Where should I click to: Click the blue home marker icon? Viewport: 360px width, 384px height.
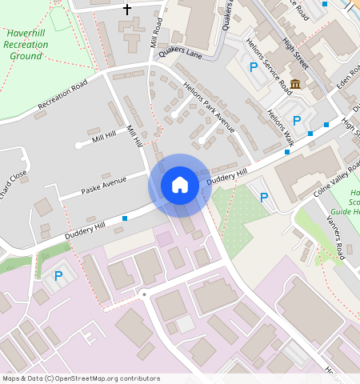coord(180,185)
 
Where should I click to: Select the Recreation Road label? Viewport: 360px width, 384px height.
coord(62,93)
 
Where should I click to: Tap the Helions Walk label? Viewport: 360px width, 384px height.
coord(282,125)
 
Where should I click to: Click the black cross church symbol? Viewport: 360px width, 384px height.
coord(126,10)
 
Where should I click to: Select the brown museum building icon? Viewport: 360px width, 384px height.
coord(295,85)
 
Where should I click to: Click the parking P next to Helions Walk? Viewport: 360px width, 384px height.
coord(297,121)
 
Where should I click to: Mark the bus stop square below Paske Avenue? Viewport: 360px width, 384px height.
coord(125,218)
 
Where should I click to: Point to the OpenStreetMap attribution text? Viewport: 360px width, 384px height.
coord(80,378)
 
